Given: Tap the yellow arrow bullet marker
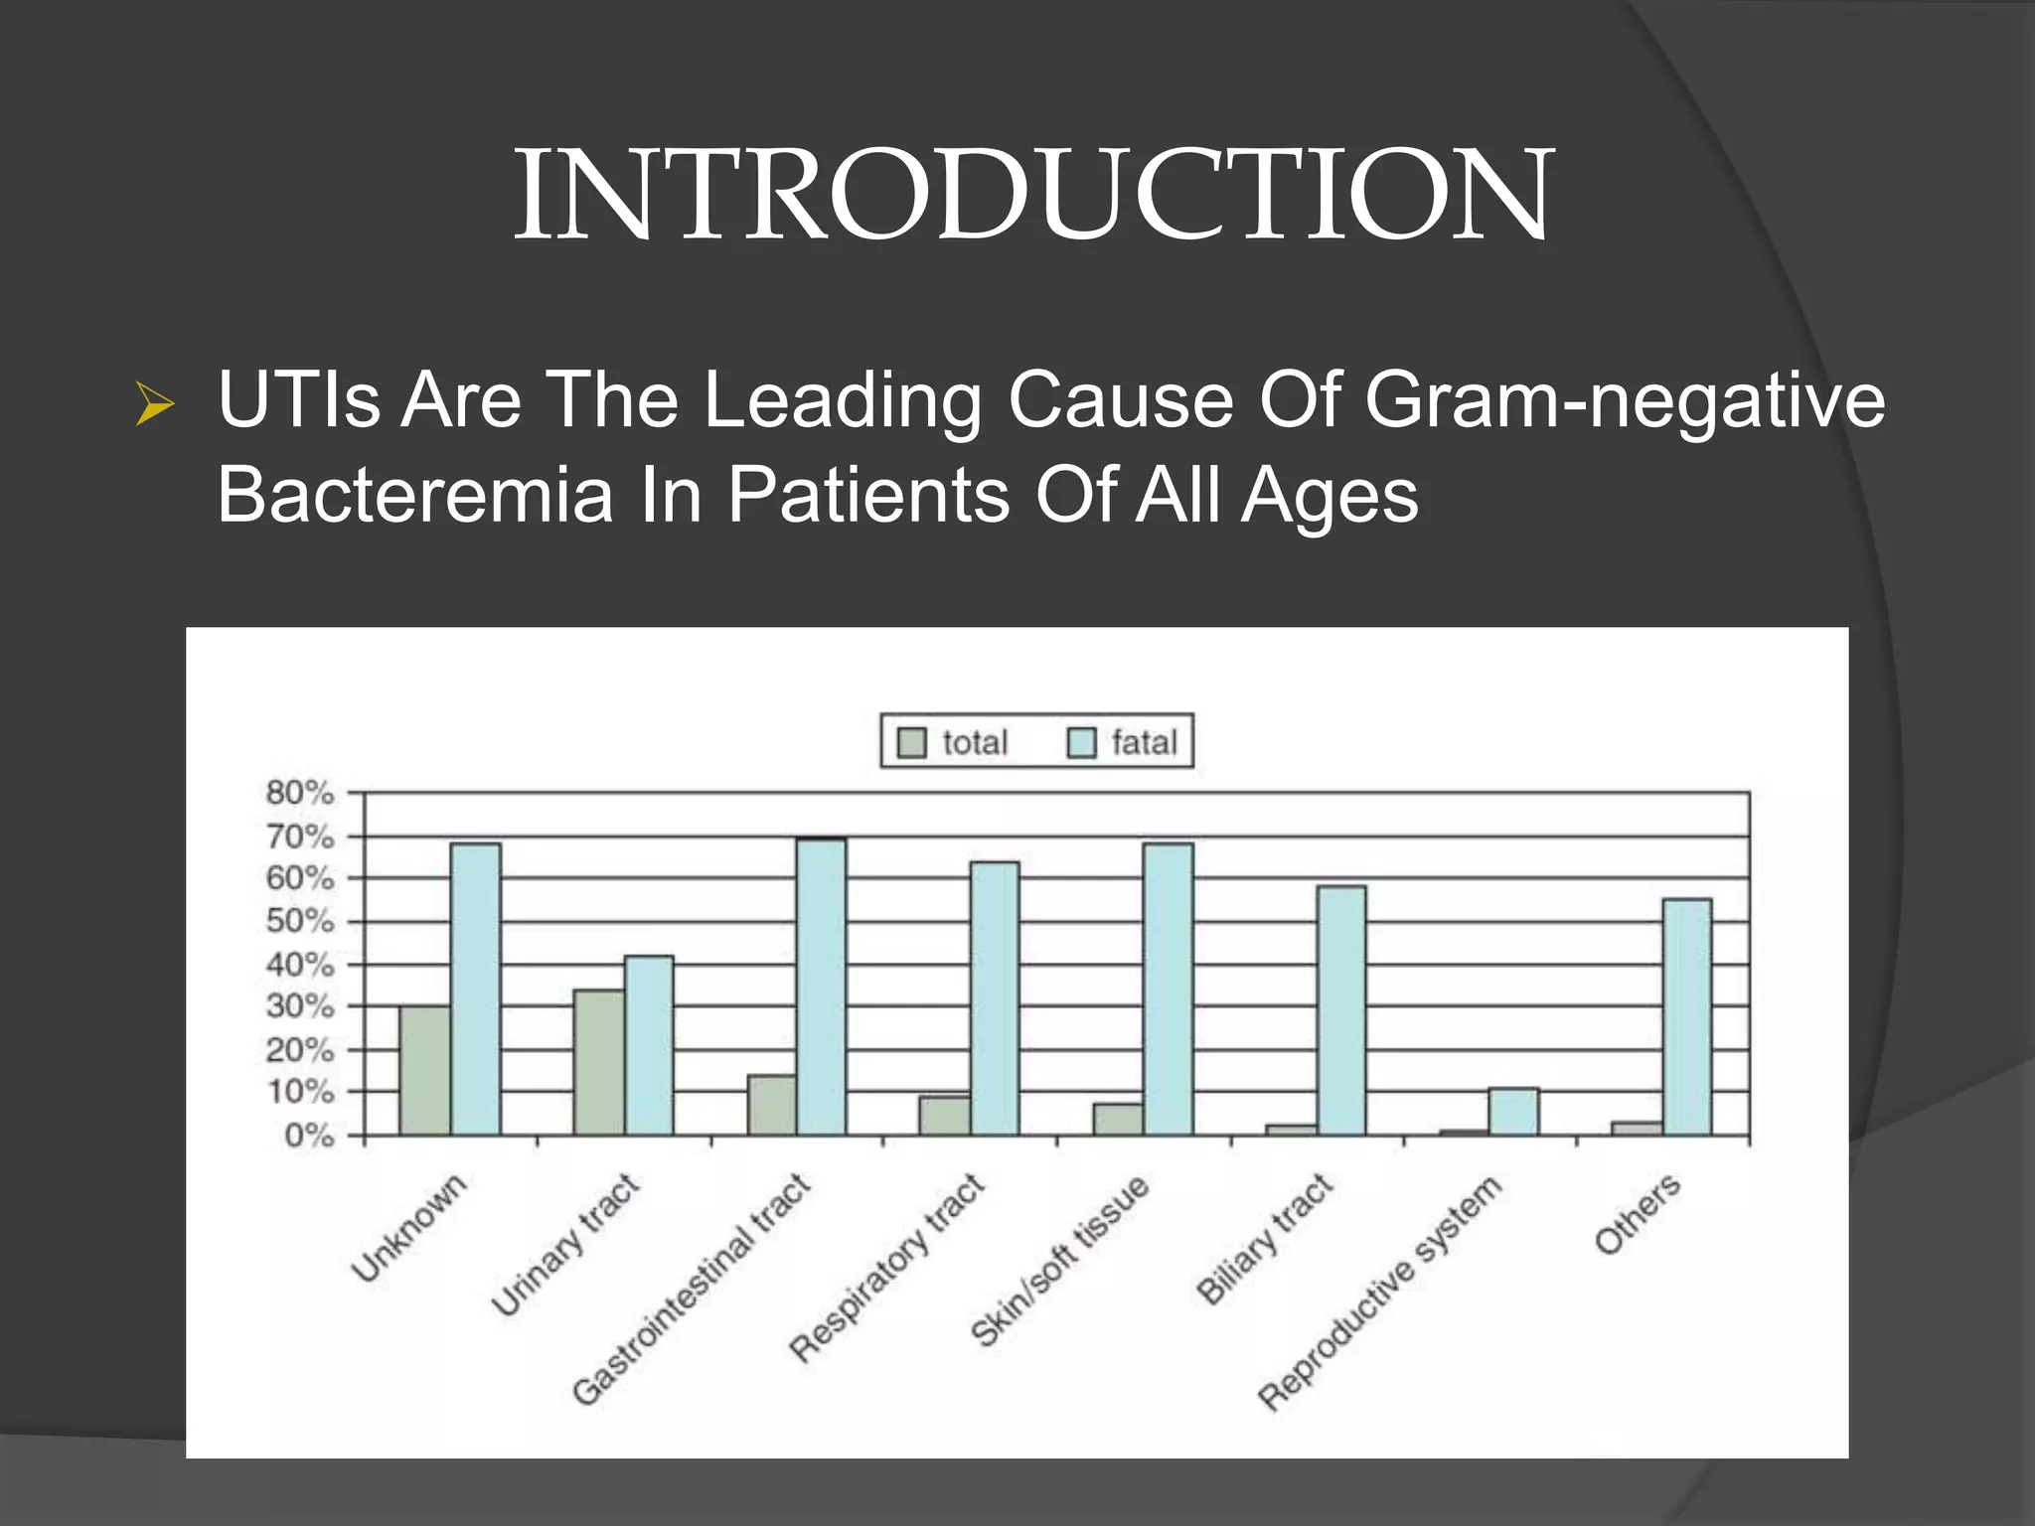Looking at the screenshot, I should click(x=155, y=405).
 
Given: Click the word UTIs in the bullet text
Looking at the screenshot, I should click(x=298, y=400).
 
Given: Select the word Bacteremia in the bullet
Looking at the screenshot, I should click(x=415, y=495).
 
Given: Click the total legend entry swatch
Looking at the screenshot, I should click(x=911, y=742).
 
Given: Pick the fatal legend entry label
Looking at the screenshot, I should click(x=1144, y=742).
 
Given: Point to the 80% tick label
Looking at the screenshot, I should click(x=299, y=793).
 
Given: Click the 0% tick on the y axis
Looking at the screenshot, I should click(x=309, y=1135).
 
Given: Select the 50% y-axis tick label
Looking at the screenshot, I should click(x=299, y=921).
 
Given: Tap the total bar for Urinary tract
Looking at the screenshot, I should click(x=598, y=1062).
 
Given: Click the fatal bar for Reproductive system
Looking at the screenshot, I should click(x=1513, y=1112).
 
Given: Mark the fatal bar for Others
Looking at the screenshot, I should click(x=1687, y=1017).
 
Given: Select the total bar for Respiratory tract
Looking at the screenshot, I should click(x=944, y=1116).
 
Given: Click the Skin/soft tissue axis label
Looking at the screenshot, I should click(x=1059, y=1262).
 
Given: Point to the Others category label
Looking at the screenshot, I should click(x=1638, y=1213).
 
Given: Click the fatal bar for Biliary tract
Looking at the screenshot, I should click(x=1341, y=1010).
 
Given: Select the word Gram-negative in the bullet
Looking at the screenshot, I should click(x=1624, y=400).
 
